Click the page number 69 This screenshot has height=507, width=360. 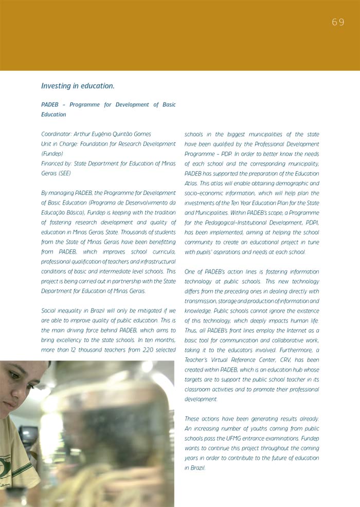click(x=338, y=22)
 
